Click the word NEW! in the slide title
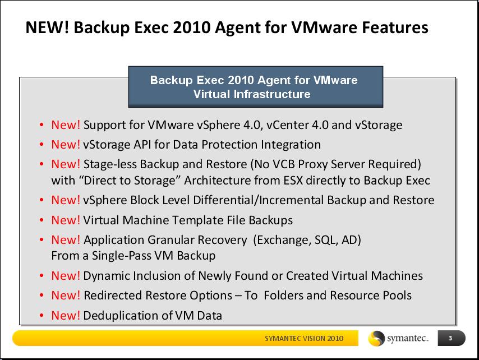pyautogui.click(x=47, y=27)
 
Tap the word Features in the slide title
pyautogui.click(x=395, y=27)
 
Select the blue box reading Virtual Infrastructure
pyautogui.click(x=256, y=87)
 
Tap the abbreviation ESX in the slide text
pyautogui.click(x=293, y=181)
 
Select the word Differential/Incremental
pyautogui.click(x=259, y=200)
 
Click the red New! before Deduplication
pyautogui.click(x=66, y=315)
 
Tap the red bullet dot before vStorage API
pyautogui.click(x=42, y=145)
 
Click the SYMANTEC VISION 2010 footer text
pyautogui.click(x=304, y=338)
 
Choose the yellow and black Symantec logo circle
pyautogui.click(x=376, y=339)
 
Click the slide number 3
pyautogui.click(x=450, y=338)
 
